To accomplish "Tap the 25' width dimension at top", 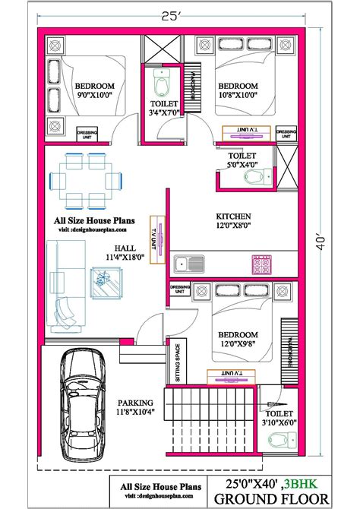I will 180,15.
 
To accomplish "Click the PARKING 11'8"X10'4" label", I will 135,408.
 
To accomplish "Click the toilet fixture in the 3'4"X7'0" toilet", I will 161,78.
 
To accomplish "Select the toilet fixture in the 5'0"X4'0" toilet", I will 254,176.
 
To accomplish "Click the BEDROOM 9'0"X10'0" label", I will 93,91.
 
